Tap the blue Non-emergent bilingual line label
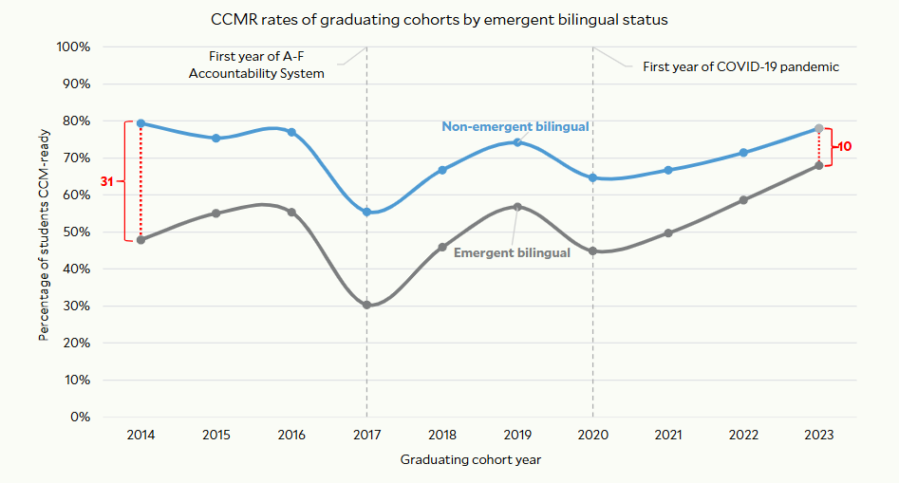click(x=515, y=126)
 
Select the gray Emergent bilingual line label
click(x=512, y=252)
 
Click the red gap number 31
click(x=107, y=180)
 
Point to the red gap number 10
click(x=844, y=147)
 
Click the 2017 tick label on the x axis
click(x=366, y=435)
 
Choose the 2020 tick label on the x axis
click(x=593, y=435)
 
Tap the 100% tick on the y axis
click(x=73, y=46)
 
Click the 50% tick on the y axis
click(x=76, y=232)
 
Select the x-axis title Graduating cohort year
click(x=470, y=460)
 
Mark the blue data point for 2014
click(x=140, y=123)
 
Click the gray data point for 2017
click(x=366, y=305)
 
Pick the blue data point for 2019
click(x=517, y=142)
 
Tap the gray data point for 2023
click(x=819, y=165)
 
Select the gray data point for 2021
click(x=668, y=232)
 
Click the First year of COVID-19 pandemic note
click(x=741, y=66)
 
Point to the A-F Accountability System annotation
click(x=256, y=65)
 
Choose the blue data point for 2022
click(x=743, y=152)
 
